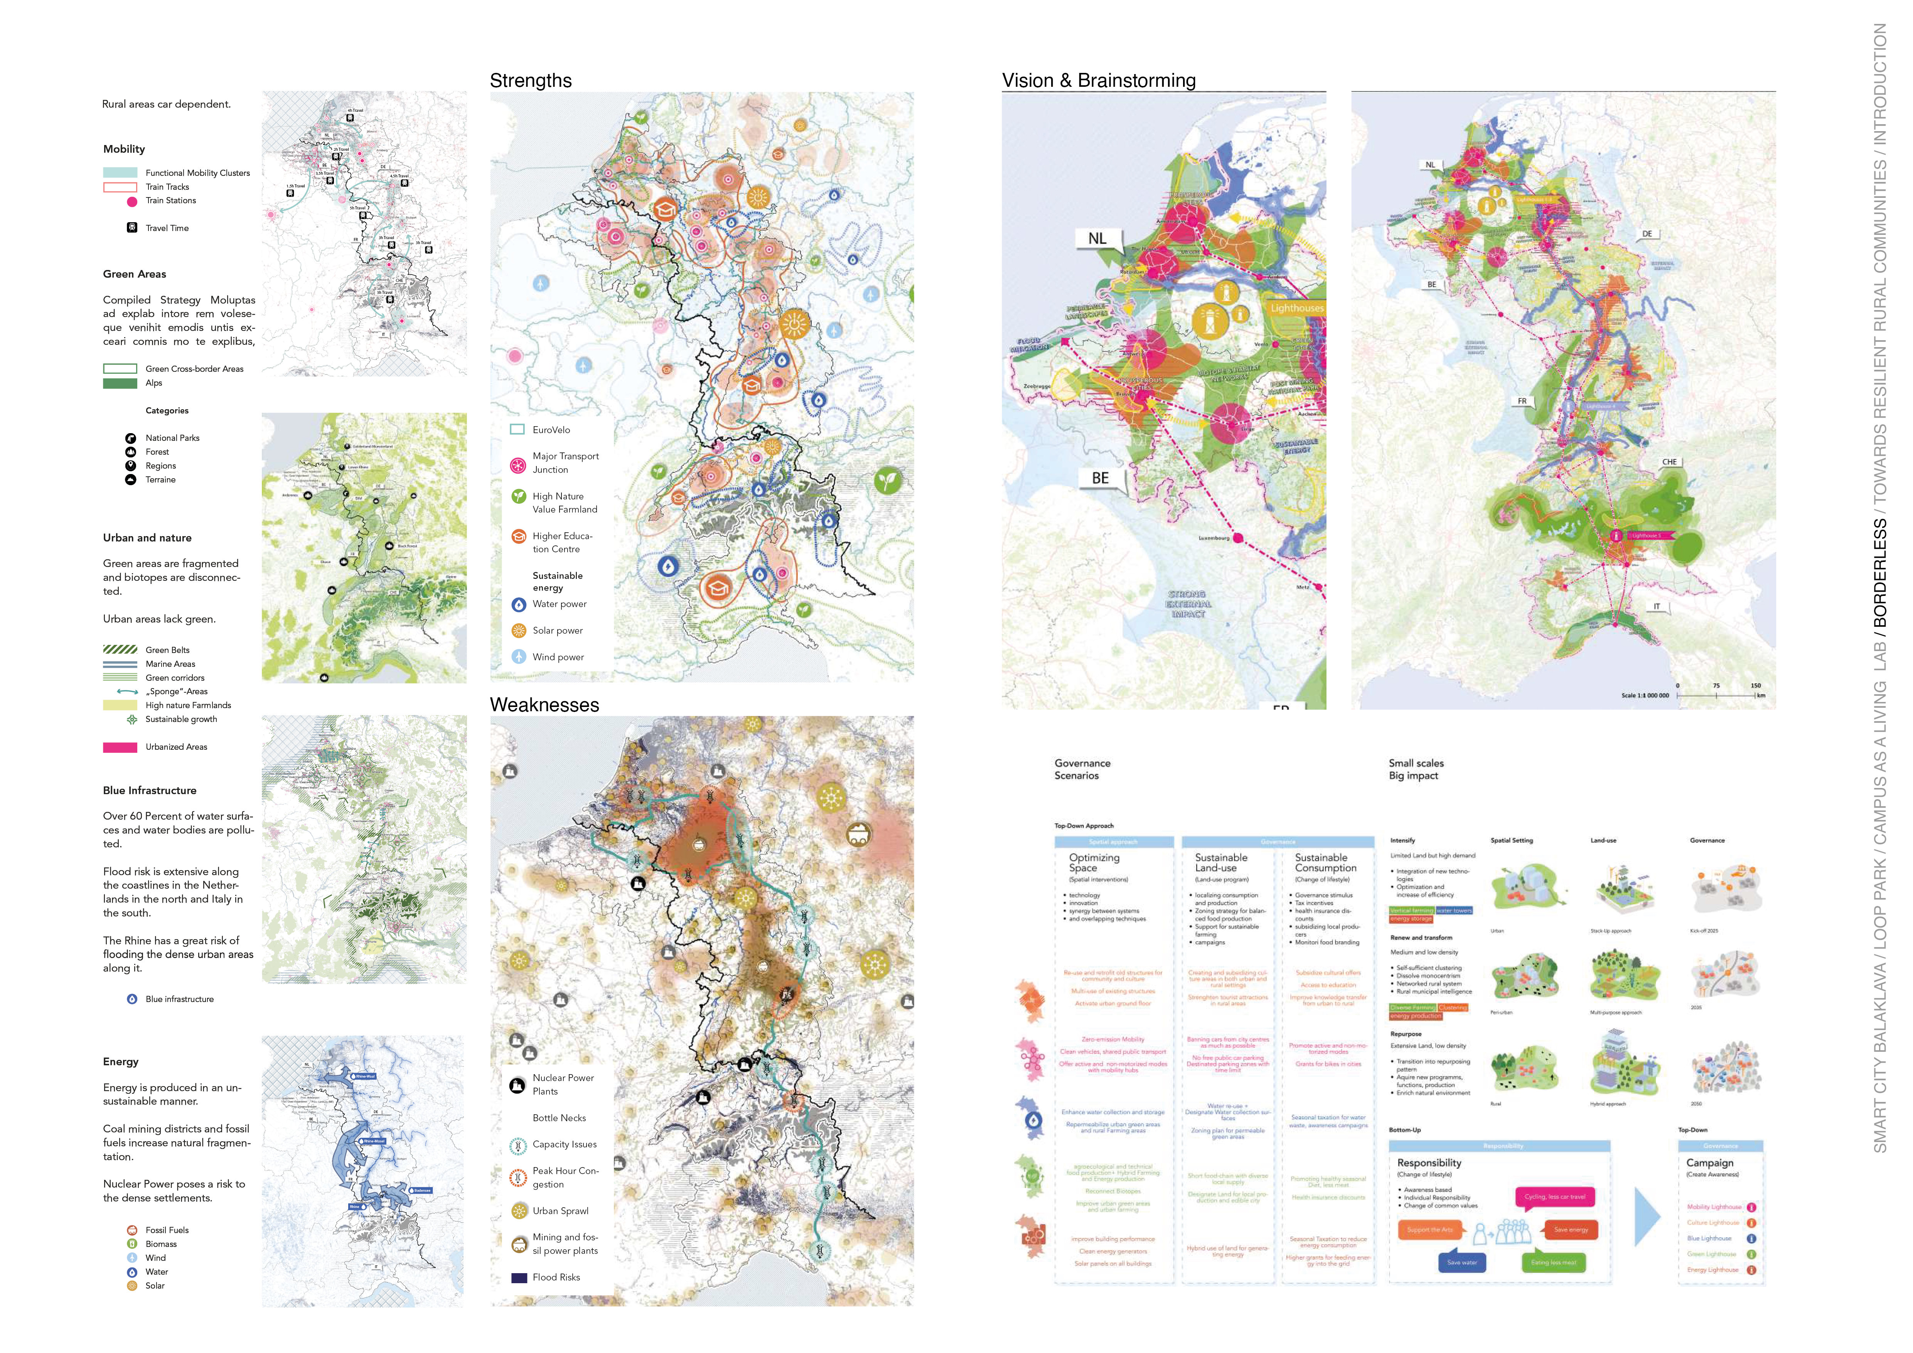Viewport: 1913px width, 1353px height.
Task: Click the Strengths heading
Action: pyautogui.click(x=531, y=81)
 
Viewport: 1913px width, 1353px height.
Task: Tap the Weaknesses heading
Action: pyautogui.click(x=544, y=705)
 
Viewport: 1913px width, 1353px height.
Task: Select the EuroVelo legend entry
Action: pyautogui.click(x=551, y=430)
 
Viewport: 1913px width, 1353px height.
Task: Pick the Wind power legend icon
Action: pyautogui.click(x=518, y=656)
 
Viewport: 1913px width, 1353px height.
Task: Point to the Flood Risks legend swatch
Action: pyautogui.click(x=518, y=1277)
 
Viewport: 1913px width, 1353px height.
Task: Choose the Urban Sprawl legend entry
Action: pyautogui.click(x=560, y=1211)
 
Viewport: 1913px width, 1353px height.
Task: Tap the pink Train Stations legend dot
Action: pyautogui.click(x=131, y=201)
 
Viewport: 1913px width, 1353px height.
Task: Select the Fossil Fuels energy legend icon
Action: pyautogui.click(x=131, y=1230)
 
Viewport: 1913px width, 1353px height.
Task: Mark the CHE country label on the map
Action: pyautogui.click(x=1669, y=462)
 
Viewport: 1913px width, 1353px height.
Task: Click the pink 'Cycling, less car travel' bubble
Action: pyautogui.click(x=1555, y=1196)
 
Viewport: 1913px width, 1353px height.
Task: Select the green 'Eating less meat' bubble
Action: pyautogui.click(x=1554, y=1262)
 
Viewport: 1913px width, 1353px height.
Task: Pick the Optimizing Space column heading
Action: pyautogui.click(x=1094, y=862)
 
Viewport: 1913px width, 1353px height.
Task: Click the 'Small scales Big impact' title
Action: pyautogui.click(x=1416, y=769)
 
